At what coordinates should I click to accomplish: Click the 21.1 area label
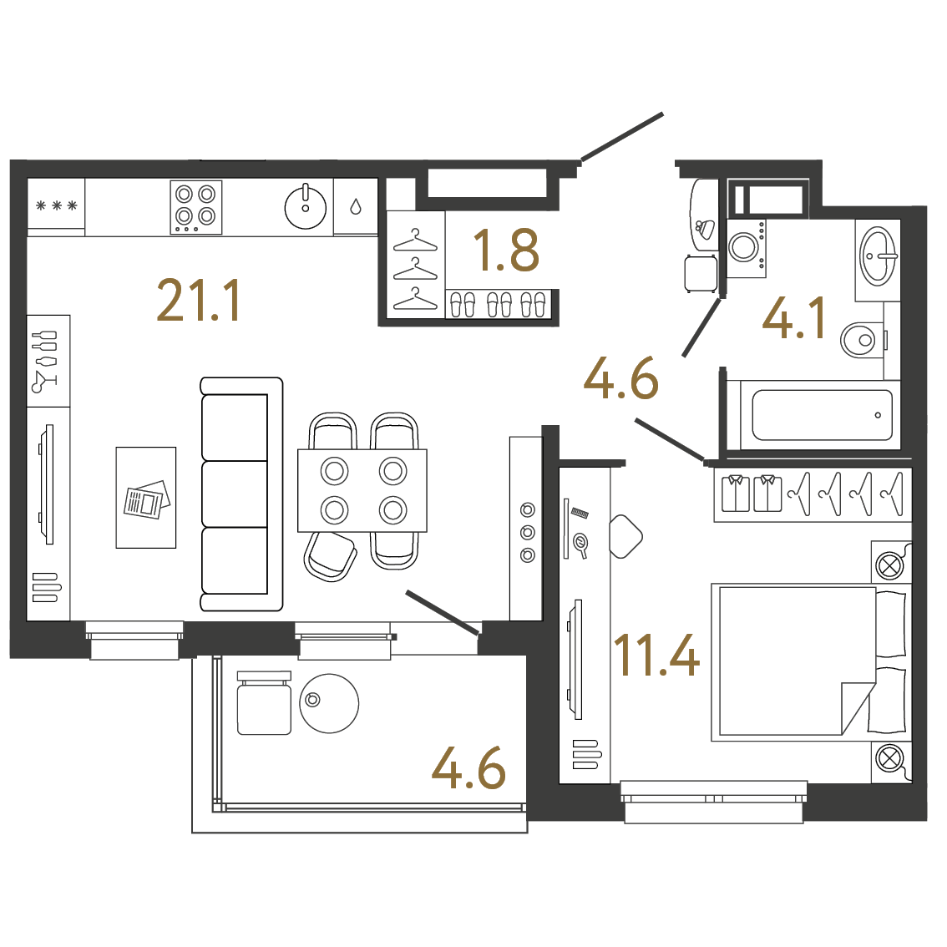199,300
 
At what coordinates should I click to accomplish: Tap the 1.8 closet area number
506,250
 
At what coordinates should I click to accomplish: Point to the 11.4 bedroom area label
656,656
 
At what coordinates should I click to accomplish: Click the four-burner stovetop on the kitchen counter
195,207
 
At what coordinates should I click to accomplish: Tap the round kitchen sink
306,207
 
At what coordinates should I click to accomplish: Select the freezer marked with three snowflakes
56,206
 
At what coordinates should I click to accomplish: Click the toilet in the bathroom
862,340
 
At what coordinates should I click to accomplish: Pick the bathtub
822,415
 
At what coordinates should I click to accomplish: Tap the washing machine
747,248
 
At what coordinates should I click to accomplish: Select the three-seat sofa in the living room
241,494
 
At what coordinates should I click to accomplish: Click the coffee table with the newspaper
146,498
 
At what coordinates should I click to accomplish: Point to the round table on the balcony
329,704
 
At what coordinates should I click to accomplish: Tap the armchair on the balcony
265,703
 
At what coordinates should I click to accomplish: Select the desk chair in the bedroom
625,536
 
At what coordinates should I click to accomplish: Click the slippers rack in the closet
499,304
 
